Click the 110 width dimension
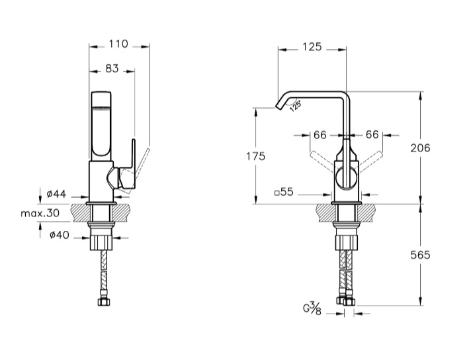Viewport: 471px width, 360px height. click(x=118, y=44)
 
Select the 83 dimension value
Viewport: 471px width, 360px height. click(x=112, y=69)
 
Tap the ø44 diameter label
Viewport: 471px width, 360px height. click(x=56, y=194)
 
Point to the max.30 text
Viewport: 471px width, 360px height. click(x=40, y=213)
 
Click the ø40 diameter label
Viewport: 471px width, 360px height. click(x=60, y=235)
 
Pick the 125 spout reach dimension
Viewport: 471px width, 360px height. click(x=312, y=47)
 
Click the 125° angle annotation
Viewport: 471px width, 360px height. click(x=295, y=107)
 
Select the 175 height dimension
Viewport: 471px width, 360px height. click(x=255, y=156)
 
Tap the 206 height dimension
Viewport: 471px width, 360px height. click(x=420, y=148)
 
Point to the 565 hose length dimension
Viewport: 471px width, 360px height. click(x=420, y=255)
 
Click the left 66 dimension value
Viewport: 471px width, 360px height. click(x=320, y=135)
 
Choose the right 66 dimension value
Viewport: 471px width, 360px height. click(x=372, y=134)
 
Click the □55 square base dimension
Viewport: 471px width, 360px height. click(x=284, y=192)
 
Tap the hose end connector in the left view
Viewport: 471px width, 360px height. click(x=103, y=301)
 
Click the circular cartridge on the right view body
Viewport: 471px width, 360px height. click(x=347, y=179)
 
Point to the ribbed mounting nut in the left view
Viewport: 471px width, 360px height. click(x=102, y=242)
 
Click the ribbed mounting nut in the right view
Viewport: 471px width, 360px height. click(x=347, y=242)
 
